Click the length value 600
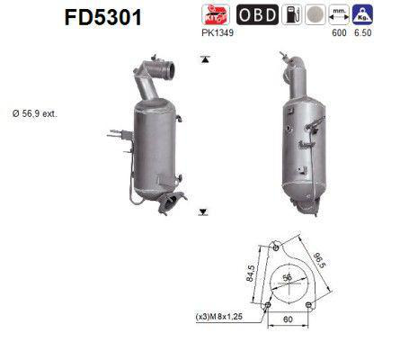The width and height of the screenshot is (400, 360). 339,33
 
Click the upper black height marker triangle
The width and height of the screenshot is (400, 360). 206,59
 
